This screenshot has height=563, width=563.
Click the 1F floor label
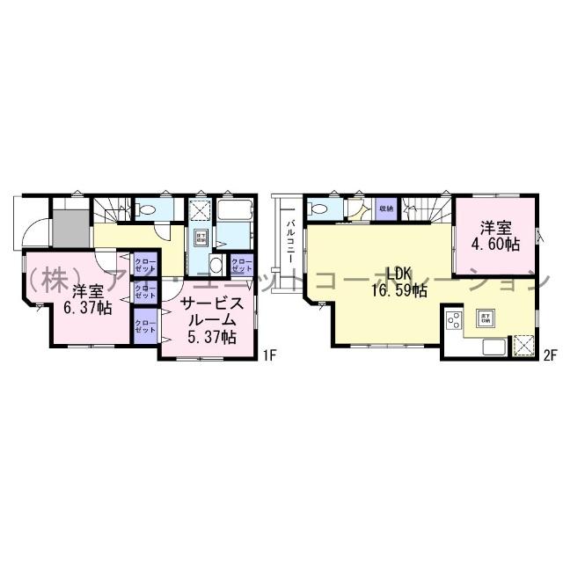269,355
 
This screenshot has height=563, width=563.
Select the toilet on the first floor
149,210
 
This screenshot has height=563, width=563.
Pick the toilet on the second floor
318,209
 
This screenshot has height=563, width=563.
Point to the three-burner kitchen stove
454,322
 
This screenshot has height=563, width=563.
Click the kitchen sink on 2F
494,347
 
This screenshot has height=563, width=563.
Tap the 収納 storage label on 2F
386,209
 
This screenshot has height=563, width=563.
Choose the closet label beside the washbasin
240,264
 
